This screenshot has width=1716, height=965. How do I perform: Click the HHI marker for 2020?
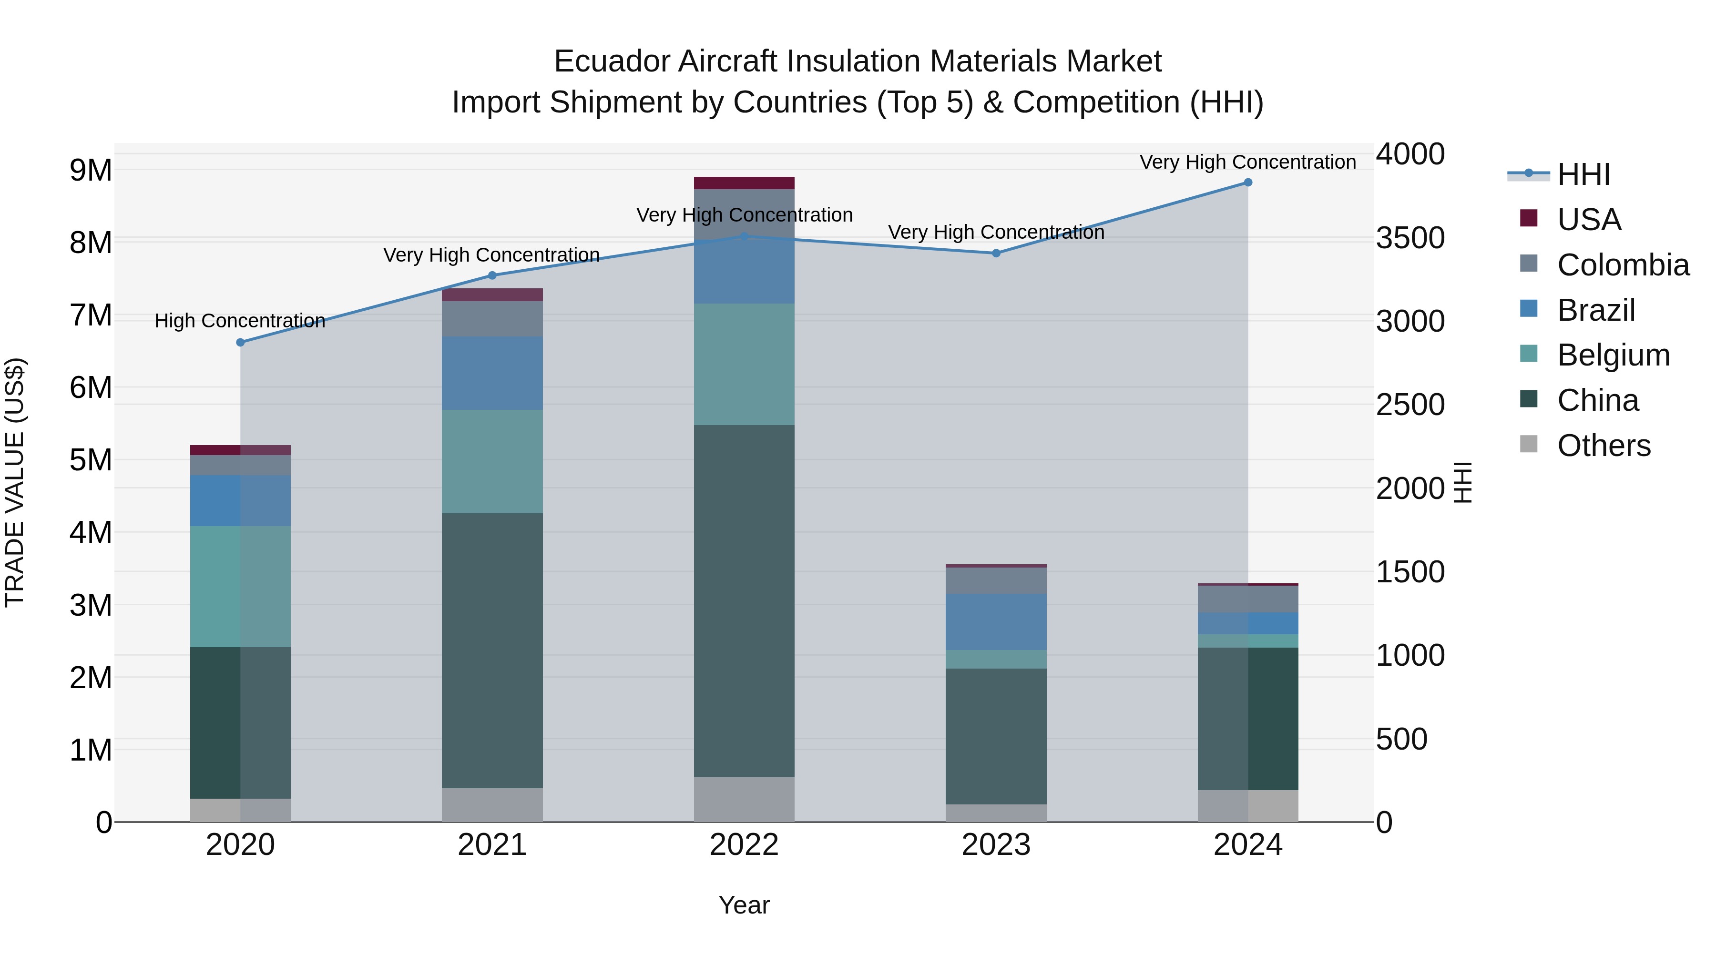click(x=241, y=342)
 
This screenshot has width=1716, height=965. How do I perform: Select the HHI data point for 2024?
click(x=1248, y=183)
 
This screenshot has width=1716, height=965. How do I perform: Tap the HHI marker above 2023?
click(x=996, y=253)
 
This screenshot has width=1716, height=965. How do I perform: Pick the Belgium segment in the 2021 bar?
click(x=492, y=461)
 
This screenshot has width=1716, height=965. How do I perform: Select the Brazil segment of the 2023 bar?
click(x=996, y=622)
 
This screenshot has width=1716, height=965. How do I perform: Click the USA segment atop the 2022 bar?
click(x=744, y=183)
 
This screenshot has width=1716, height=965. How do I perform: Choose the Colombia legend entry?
click(x=1623, y=265)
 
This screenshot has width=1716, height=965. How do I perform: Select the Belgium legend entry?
click(x=1613, y=355)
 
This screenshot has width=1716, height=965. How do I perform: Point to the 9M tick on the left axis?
click(x=91, y=171)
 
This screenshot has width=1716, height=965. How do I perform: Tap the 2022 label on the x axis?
click(x=744, y=845)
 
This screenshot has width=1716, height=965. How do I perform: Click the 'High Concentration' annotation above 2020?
click(x=240, y=321)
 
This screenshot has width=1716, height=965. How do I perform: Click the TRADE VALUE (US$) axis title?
click(x=15, y=482)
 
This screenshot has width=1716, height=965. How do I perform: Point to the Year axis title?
click(x=744, y=905)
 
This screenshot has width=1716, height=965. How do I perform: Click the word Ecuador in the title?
click(x=612, y=61)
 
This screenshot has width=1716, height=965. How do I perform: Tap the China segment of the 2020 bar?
click(x=241, y=722)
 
